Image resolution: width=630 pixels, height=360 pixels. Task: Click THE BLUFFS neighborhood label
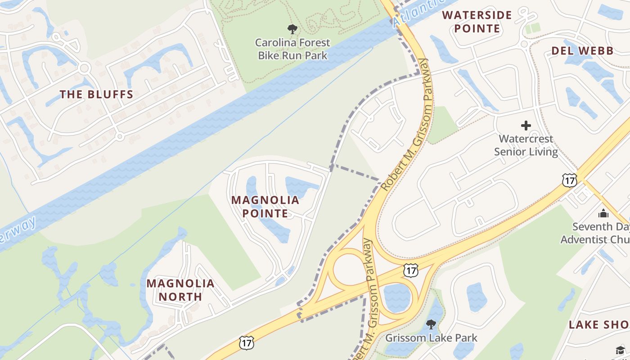click(97, 94)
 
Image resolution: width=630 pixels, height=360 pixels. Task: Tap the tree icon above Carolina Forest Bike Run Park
click(292, 30)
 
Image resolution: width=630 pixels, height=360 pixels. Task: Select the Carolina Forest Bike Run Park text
click(292, 49)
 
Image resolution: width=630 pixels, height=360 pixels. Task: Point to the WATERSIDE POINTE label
click(477, 22)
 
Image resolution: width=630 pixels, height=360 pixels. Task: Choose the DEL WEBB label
click(582, 51)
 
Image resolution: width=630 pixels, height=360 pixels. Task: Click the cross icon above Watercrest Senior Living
click(526, 126)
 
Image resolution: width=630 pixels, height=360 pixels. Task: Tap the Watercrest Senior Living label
click(526, 145)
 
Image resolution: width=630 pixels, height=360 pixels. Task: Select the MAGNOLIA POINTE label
click(265, 207)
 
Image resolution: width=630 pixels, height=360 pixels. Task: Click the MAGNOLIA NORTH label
click(180, 290)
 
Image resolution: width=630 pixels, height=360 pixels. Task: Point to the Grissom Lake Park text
click(432, 337)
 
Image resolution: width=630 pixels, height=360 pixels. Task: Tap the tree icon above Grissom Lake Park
click(431, 324)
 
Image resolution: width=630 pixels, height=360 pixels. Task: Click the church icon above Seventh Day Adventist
click(603, 213)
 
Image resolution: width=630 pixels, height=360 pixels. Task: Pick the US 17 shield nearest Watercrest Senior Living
click(569, 180)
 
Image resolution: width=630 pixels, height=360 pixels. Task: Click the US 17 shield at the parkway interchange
click(410, 270)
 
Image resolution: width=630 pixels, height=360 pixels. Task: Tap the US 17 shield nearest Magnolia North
click(247, 342)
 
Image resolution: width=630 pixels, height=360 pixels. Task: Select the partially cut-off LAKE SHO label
click(599, 324)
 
